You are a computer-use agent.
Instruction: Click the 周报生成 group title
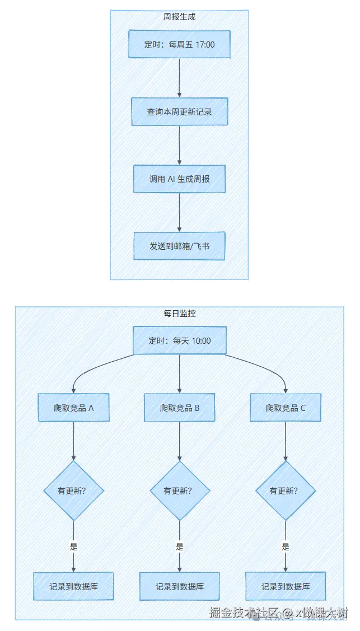click(x=179, y=17)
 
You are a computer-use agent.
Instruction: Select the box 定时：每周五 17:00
click(x=179, y=44)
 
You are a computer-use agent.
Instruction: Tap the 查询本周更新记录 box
click(x=179, y=111)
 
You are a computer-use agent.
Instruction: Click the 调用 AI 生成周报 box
click(x=179, y=179)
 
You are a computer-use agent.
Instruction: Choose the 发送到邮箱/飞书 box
click(x=179, y=246)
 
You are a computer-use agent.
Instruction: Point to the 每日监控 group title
click(x=179, y=314)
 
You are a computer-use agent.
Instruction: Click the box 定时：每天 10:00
click(x=179, y=340)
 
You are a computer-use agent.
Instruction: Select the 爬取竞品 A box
click(x=73, y=408)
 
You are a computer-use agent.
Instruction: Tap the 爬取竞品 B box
click(x=179, y=408)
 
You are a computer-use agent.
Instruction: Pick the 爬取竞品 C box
click(x=286, y=408)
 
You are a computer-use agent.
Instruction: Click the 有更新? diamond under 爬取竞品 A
click(x=73, y=491)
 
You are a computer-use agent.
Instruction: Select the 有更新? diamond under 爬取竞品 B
click(x=179, y=491)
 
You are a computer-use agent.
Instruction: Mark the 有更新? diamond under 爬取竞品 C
click(x=286, y=491)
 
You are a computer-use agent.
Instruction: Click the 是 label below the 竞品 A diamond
click(x=73, y=547)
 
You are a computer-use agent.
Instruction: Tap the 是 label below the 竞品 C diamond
click(x=286, y=547)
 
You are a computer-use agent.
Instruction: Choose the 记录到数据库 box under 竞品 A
click(x=73, y=587)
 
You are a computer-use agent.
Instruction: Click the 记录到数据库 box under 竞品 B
click(x=179, y=587)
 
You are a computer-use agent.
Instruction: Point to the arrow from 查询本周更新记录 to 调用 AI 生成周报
click(x=179, y=145)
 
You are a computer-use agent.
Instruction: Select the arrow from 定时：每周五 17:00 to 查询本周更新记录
click(x=179, y=78)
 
